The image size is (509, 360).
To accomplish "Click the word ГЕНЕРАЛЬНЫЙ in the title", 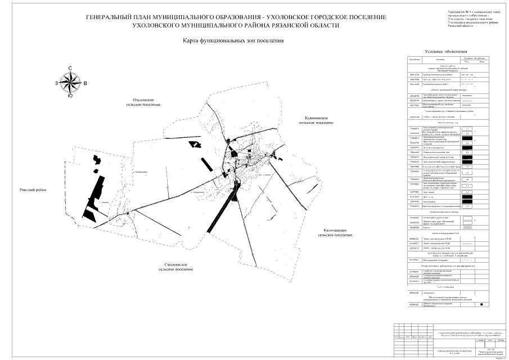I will [x=110, y=17].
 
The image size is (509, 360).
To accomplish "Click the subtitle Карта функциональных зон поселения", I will [x=233, y=41].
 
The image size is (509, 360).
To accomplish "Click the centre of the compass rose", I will [x=70, y=83].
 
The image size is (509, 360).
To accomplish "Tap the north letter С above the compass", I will [x=70, y=68].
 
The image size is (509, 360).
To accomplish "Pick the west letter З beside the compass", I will [x=56, y=83].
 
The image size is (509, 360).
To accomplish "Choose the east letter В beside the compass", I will [x=84, y=83].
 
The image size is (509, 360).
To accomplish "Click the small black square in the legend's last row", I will [x=481, y=304].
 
